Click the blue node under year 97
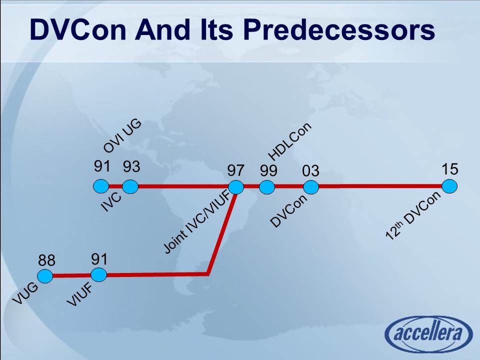coord(236,187)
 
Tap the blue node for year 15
coord(449,186)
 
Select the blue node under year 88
coord(45,275)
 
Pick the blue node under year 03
coord(310,187)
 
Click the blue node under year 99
coord(267,187)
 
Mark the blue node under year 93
coord(130,187)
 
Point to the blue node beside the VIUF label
coord(98,274)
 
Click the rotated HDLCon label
coord(290,141)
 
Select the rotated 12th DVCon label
coord(414,216)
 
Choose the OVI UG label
coord(122,136)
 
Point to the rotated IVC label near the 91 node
coord(111,201)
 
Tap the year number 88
coord(47,260)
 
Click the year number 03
coord(310,171)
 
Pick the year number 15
coord(450,169)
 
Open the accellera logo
coord(428,334)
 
